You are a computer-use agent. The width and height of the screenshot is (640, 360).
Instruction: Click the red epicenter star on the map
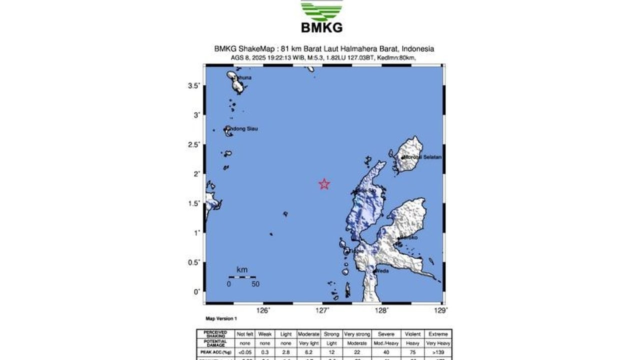click(324, 184)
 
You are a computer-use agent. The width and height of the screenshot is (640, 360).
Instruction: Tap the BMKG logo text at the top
click(321, 27)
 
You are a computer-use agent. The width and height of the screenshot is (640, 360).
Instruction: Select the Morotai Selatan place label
click(422, 157)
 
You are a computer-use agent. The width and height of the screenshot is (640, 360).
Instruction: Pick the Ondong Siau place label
click(242, 129)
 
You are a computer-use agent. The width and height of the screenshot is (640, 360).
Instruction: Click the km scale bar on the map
click(242, 276)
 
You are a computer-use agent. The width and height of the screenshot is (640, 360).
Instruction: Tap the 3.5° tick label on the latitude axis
click(193, 86)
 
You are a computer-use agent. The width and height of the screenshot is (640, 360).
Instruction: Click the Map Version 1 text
click(221, 318)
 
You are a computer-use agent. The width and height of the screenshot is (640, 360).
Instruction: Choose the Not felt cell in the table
click(245, 334)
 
